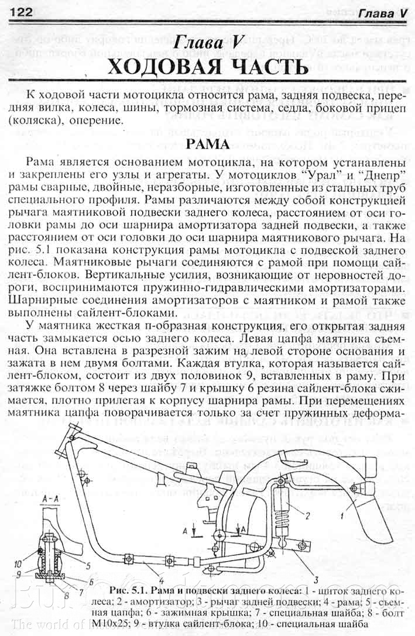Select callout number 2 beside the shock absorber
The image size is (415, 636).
pos(307,515)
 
